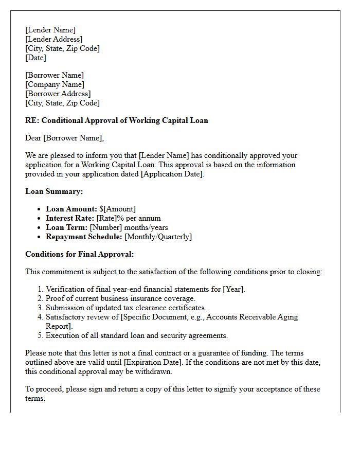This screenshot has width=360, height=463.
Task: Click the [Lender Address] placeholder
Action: click(x=53, y=39)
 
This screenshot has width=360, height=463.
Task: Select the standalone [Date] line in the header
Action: click(x=35, y=58)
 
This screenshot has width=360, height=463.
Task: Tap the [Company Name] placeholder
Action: click(x=55, y=84)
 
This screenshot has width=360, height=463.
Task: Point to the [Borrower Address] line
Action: click(x=58, y=94)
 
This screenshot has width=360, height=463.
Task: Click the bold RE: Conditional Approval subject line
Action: click(x=117, y=120)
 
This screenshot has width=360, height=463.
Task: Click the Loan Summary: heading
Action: click(x=54, y=191)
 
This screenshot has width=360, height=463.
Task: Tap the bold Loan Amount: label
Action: click(x=71, y=209)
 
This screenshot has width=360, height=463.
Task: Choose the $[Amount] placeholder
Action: click(x=118, y=209)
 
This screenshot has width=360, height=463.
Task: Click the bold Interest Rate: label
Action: click(x=70, y=218)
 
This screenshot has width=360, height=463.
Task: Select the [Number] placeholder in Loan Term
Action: click(x=106, y=227)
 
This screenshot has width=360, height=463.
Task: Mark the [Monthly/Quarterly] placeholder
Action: click(x=158, y=237)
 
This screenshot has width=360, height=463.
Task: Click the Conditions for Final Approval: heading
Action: click(x=79, y=254)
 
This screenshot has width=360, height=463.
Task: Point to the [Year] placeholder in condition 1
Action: click(x=233, y=289)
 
